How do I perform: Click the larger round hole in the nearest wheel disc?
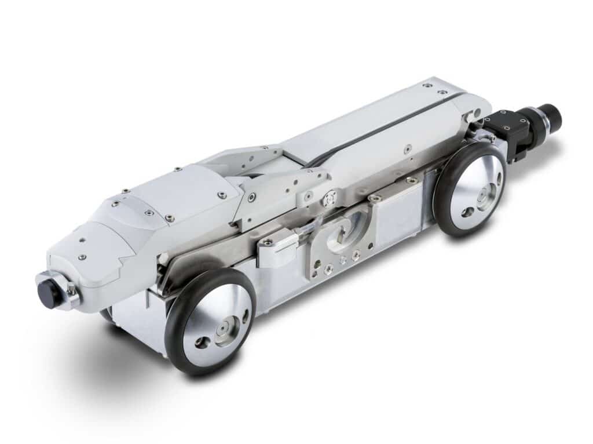point(202,342)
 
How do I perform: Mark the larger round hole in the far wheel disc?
point(467,212)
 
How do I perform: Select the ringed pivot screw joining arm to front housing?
point(251,198)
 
